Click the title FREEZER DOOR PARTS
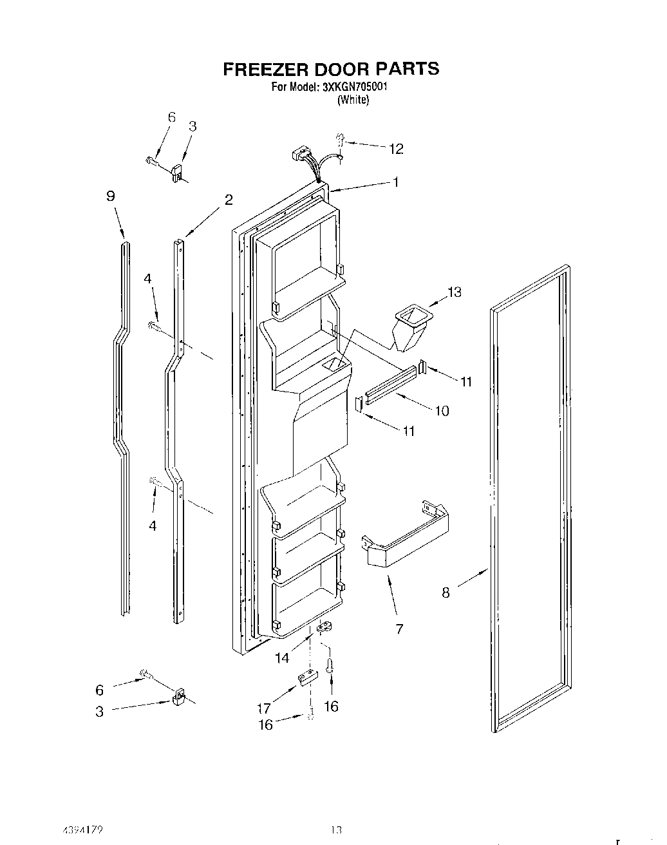(331, 69)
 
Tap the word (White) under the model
(353, 100)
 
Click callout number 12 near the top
(395, 149)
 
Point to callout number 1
(396, 182)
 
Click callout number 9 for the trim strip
(111, 196)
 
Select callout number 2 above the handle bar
(228, 200)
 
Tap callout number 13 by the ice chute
(455, 292)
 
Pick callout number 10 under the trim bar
(442, 410)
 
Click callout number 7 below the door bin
(399, 629)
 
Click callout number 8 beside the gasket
(446, 593)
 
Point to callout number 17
(264, 708)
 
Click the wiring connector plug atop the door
(299, 155)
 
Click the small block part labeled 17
(307, 678)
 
